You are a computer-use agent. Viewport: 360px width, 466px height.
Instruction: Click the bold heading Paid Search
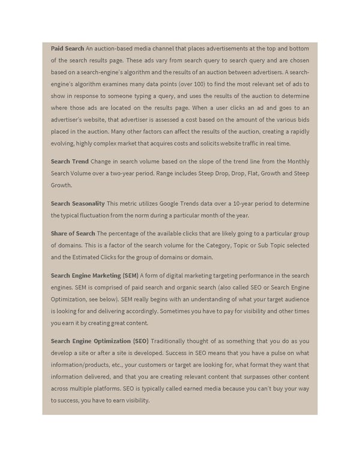[x=67, y=48]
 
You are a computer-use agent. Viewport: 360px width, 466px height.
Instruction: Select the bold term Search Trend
[x=70, y=162]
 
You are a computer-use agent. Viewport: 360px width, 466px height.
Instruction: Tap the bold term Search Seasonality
[x=78, y=204]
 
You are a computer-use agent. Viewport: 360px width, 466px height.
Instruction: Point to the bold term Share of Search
[x=73, y=233]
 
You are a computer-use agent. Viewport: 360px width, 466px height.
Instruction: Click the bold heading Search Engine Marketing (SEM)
[x=95, y=276]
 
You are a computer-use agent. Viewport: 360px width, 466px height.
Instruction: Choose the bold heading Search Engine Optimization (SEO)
[x=100, y=341]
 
